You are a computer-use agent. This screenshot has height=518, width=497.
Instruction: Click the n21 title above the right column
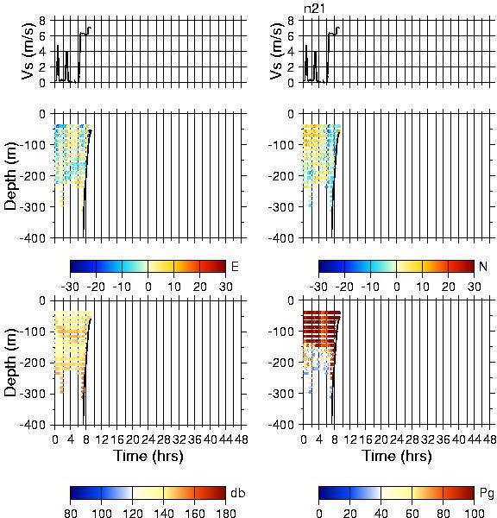[314, 9]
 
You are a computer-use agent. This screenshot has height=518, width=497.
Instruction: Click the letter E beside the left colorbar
[235, 266]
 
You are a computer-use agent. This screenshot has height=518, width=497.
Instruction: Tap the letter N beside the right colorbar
[483, 266]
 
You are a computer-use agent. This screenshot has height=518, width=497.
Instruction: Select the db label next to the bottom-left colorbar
[238, 493]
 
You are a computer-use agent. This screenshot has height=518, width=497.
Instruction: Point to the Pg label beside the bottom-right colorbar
[487, 494]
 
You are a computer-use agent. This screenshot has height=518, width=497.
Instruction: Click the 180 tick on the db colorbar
[225, 513]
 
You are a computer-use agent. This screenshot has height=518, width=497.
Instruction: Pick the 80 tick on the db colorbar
[71, 513]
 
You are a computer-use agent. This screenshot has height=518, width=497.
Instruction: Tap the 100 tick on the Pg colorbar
[475, 513]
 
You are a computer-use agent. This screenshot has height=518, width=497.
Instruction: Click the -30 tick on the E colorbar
[70, 287]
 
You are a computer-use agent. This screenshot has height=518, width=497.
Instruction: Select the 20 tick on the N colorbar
[448, 287]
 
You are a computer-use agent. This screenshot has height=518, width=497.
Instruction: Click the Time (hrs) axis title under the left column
[148, 456]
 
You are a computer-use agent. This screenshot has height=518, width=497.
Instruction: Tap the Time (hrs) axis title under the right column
[397, 456]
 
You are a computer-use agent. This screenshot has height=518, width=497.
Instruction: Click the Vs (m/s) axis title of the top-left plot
[29, 51]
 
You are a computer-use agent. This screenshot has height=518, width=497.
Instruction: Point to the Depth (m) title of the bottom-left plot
[11, 363]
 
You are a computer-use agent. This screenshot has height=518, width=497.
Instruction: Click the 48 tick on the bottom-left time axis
[242, 439]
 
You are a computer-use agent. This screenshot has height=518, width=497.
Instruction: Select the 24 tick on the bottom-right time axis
[397, 439]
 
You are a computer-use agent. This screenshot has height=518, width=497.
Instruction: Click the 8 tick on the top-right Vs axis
[291, 21]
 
